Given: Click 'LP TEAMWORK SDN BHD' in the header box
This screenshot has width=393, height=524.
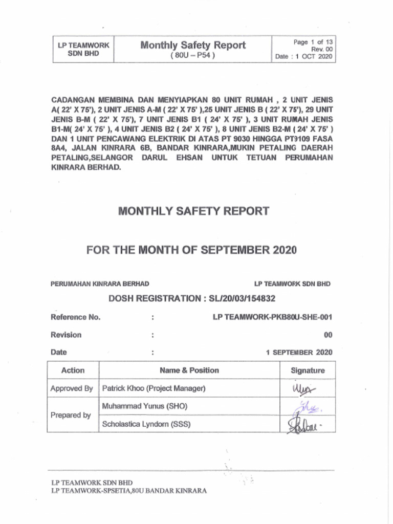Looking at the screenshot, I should (x=83, y=49).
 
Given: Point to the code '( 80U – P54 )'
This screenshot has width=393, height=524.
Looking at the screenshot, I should (x=192, y=55).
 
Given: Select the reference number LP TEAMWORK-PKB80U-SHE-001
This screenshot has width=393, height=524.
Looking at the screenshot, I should (x=272, y=317).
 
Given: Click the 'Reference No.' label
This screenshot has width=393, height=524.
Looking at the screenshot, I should (x=75, y=317).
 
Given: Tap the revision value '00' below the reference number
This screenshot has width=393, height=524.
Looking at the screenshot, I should (x=327, y=335).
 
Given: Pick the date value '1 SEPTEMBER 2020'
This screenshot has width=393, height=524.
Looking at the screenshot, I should (x=299, y=353).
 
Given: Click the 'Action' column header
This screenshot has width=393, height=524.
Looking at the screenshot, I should (x=73, y=370).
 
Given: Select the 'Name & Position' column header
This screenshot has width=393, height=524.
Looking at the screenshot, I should (x=189, y=370).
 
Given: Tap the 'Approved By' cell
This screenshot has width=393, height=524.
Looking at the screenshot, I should (x=72, y=388).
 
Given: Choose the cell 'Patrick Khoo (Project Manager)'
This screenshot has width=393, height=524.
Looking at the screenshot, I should (x=154, y=388).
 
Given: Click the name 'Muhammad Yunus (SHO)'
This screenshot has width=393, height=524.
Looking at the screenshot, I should (x=144, y=406).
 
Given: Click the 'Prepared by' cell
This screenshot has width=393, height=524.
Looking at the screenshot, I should (x=71, y=415).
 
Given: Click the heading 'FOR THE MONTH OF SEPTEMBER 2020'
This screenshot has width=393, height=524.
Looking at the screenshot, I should (x=191, y=250).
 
